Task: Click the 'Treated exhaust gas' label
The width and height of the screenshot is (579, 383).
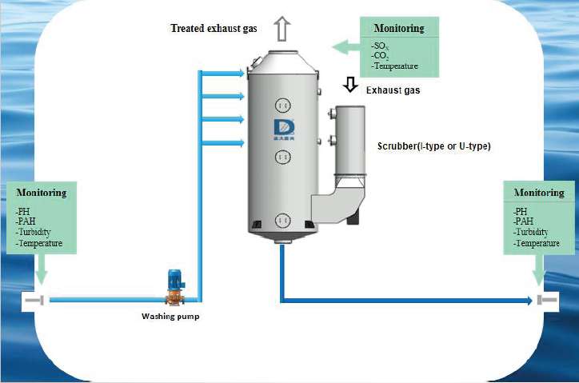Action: [214, 29]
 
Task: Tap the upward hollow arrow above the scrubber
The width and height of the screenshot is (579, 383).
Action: [281, 28]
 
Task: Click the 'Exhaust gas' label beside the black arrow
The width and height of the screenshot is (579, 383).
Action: [393, 90]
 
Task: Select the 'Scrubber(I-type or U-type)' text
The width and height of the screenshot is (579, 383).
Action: [433, 146]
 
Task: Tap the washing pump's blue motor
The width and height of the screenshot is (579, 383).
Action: [175, 279]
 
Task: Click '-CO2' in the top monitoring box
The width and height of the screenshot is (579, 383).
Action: [381, 56]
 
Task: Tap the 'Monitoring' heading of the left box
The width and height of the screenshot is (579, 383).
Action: [41, 193]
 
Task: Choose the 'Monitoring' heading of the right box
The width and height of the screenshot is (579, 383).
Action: [539, 193]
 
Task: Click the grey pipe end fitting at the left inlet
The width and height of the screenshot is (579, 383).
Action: [34, 300]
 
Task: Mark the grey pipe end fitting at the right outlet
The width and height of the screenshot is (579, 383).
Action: [548, 301]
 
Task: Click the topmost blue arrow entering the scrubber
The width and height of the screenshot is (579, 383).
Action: [223, 72]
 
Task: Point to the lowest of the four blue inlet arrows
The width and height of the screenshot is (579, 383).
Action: [223, 144]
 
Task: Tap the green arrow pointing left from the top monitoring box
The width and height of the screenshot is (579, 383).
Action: [344, 46]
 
